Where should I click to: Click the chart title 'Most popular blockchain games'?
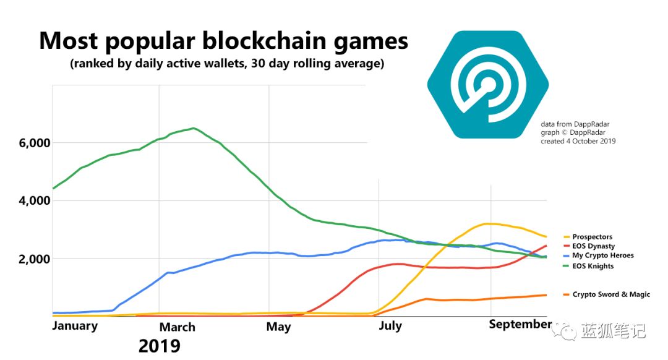click(223, 41)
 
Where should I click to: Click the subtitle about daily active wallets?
click(226, 64)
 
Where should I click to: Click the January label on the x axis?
click(75, 325)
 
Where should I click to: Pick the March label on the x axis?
click(178, 327)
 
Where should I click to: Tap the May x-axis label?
click(279, 327)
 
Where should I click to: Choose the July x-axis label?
click(390, 325)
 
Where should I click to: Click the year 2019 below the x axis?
click(160, 345)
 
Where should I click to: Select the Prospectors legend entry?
click(592, 237)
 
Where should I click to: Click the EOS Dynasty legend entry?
click(594, 246)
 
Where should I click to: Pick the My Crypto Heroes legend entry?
click(603, 255)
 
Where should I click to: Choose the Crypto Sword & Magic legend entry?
click(611, 294)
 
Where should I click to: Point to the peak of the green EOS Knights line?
click(194, 128)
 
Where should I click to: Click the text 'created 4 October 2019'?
click(578, 141)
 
